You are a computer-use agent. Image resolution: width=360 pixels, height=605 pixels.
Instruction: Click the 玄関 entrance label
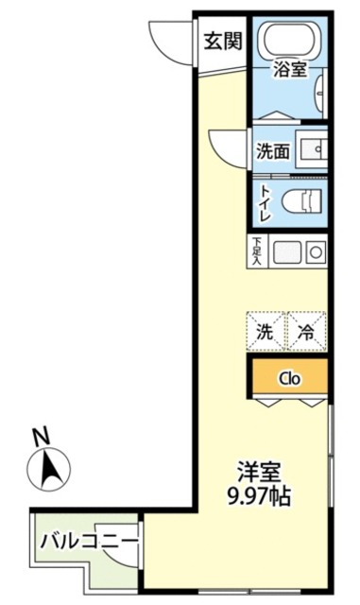click(x=222, y=41)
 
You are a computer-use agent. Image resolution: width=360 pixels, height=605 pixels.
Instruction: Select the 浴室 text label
click(x=289, y=69)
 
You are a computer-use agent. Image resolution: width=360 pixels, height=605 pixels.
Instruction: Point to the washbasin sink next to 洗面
click(x=312, y=149)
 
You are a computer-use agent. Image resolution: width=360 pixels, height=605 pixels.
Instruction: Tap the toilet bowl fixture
click(x=304, y=199)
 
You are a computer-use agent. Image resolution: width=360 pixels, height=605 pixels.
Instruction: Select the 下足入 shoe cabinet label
click(x=257, y=251)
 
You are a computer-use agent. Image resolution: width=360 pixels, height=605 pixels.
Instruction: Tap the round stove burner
click(x=315, y=251)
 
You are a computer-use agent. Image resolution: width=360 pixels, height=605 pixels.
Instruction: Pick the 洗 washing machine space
click(x=266, y=332)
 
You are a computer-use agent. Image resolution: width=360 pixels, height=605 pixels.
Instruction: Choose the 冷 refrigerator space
click(x=307, y=332)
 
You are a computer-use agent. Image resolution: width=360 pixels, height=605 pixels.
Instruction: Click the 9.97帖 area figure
click(x=257, y=495)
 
